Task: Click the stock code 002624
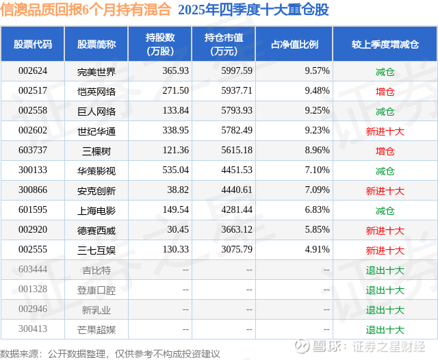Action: tap(33, 70)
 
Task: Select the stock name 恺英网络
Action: tap(96, 90)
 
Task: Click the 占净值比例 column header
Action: tap(299, 44)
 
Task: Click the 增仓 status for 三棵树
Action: tap(385, 151)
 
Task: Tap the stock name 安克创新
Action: tap(96, 190)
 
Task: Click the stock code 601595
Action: tap(33, 210)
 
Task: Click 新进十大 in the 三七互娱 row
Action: tap(385, 250)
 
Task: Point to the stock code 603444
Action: tap(33, 270)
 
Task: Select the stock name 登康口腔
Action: tap(96, 290)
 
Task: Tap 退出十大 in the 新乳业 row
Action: tap(385, 310)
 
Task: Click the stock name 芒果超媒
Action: tap(96, 330)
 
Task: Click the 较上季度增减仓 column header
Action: tap(385, 44)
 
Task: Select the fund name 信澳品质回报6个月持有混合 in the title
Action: tap(86, 10)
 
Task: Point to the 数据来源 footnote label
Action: tap(21, 353)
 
